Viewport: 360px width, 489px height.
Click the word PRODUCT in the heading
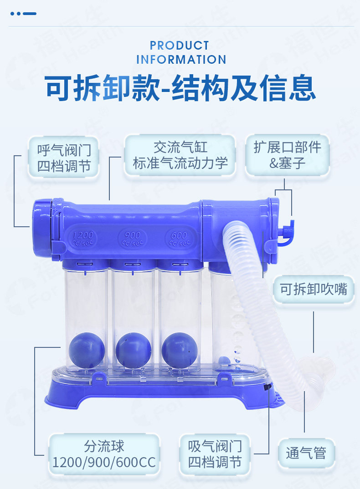(x=179, y=46)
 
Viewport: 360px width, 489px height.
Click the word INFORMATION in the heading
(x=181, y=60)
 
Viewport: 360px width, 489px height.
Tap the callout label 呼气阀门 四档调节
(x=64, y=158)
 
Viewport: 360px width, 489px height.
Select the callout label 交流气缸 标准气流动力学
(x=180, y=155)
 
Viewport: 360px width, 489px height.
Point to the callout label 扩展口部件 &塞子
(x=287, y=155)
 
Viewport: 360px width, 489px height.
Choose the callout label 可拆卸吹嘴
(x=314, y=289)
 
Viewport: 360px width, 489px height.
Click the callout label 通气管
(x=306, y=453)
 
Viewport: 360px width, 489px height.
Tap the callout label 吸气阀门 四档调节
(x=215, y=454)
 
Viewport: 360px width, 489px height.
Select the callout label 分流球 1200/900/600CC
(x=104, y=454)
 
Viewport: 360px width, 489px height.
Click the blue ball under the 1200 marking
(x=87, y=350)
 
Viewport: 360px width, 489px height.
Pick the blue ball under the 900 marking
(x=134, y=350)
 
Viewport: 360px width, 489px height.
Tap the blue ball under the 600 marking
(x=180, y=350)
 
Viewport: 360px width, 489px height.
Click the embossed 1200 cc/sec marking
(x=83, y=238)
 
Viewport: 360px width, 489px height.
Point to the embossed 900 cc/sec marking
(x=133, y=239)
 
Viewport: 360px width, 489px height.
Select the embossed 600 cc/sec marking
(x=180, y=239)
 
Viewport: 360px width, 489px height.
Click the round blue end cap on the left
(x=41, y=228)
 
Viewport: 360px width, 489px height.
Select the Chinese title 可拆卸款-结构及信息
(x=180, y=88)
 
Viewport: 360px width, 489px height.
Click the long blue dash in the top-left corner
(x=30, y=14)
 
